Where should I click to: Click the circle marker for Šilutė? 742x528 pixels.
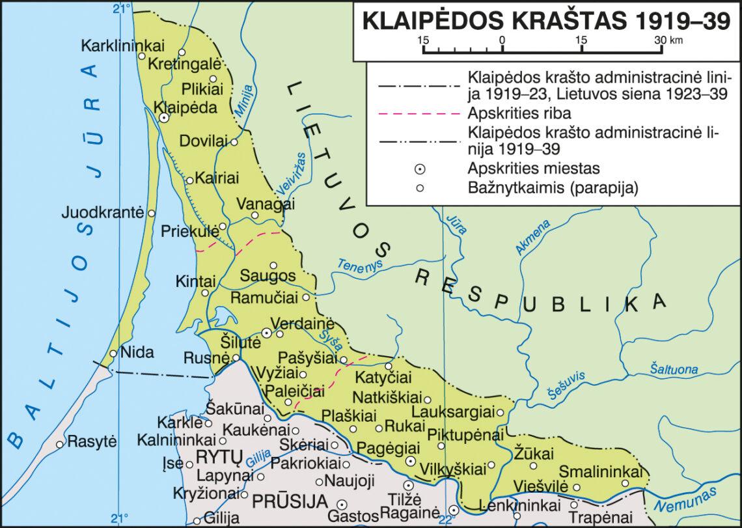266,333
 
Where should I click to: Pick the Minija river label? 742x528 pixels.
242,101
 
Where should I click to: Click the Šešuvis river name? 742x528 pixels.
566,383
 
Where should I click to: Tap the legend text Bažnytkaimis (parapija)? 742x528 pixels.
551,188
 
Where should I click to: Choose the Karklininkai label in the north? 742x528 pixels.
123,46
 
